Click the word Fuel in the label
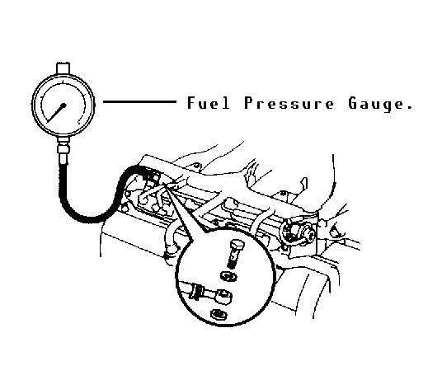click(209, 103)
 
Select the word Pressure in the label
click(289, 103)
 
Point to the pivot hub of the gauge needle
click(63, 105)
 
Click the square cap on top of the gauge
click(63, 68)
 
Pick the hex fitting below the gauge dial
click(63, 148)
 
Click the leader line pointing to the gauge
click(140, 101)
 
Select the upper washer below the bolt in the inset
click(228, 276)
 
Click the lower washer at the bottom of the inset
click(219, 313)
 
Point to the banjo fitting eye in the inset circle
click(223, 297)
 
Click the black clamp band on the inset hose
click(196, 292)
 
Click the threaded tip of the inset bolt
click(231, 265)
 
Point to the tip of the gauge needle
click(48, 122)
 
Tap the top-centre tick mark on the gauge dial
click(63, 82)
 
